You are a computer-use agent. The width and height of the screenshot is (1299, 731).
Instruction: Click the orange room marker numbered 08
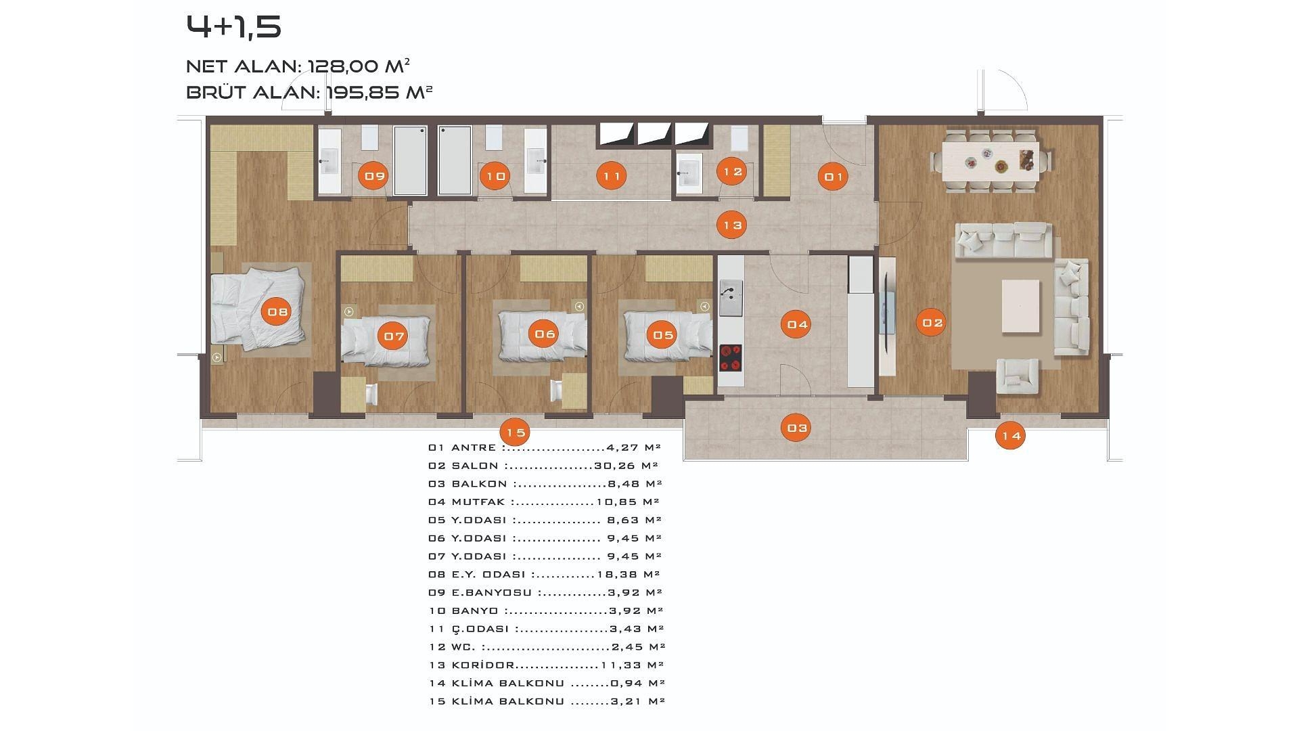tap(277, 312)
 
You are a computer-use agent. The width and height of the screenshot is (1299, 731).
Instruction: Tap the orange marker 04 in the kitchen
tap(798, 324)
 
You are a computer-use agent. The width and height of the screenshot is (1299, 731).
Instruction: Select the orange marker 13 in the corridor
tap(733, 225)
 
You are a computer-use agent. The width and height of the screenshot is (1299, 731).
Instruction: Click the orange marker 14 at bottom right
tap(1011, 436)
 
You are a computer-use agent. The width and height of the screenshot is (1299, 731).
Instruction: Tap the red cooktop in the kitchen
tap(730, 358)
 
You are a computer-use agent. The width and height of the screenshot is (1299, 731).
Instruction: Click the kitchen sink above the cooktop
tap(731, 298)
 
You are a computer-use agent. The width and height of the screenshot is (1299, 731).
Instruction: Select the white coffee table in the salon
tap(1020, 306)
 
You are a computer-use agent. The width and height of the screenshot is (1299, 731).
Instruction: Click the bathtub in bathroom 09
tap(410, 160)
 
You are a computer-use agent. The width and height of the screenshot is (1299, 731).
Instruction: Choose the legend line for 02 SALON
tap(543, 466)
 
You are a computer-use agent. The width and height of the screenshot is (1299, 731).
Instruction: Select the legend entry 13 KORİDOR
tap(472, 665)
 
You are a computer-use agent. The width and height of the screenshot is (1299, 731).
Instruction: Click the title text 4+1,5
tap(233, 27)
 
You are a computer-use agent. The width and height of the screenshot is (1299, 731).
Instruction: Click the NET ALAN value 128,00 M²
tap(359, 66)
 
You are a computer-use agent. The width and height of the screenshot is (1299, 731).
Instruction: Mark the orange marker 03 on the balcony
tap(797, 428)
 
